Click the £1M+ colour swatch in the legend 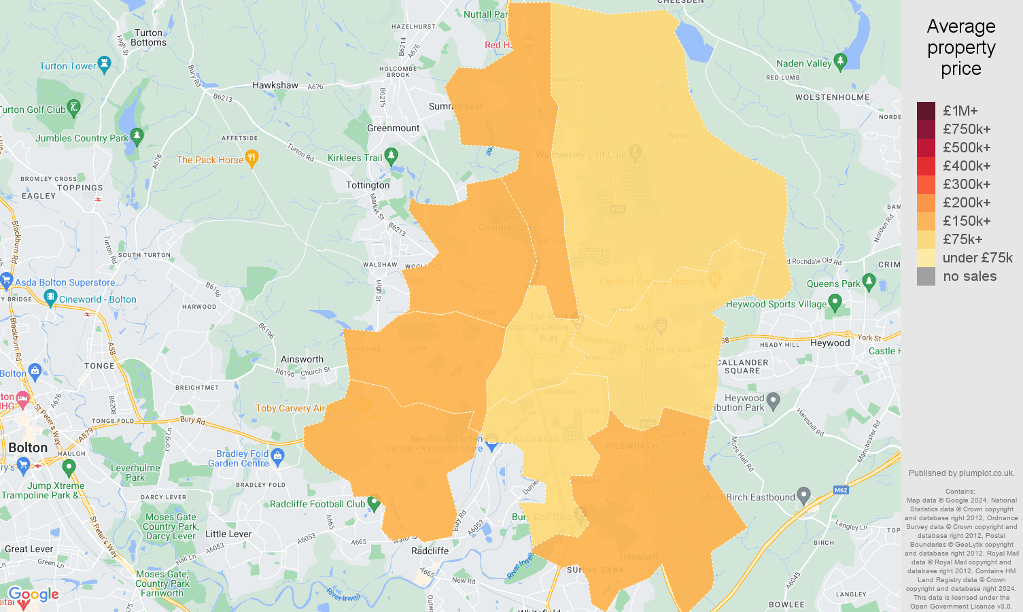point(926,111)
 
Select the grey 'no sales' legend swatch point(926,276)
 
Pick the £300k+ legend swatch point(926,184)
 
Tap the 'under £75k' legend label point(977,258)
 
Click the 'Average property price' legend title point(961,48)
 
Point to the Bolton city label point(28,447)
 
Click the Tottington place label point(368,185)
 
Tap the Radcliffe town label point(430,551)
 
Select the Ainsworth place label point(302,359)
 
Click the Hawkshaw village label point(275,85)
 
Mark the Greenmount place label point(393,128)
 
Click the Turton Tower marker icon point(104,65)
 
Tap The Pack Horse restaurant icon point(252,158)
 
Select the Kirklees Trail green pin point(391,156)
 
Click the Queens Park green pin point(869,282)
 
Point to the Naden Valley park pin point(840,61)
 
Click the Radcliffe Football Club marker point(373,503)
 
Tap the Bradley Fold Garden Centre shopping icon point(277,456)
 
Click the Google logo point(34,595)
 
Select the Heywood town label point(830,343)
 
